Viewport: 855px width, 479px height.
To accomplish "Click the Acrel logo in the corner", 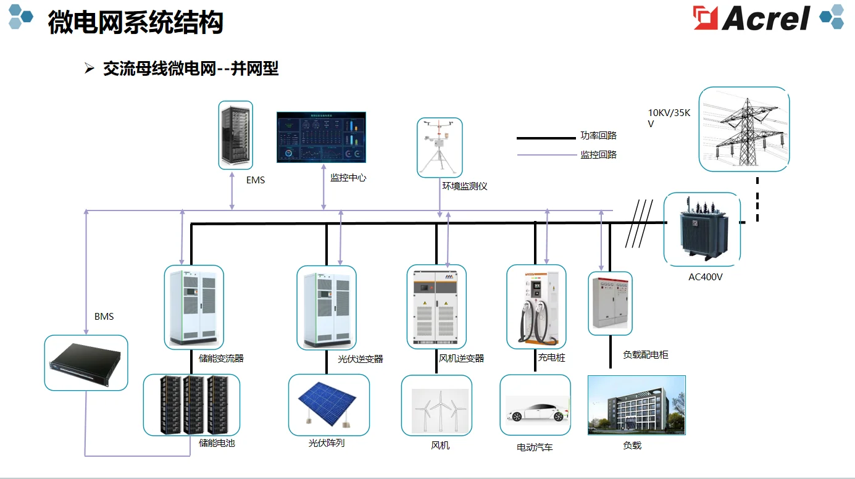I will (x=752, y=18).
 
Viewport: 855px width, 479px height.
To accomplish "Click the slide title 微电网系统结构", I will (x=135, y=22).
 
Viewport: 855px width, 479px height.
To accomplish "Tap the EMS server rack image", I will (x=236, y=135).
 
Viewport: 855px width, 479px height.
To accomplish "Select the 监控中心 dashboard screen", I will (x=321, y=137).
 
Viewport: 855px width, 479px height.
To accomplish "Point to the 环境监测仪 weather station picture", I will (x=440, y=148).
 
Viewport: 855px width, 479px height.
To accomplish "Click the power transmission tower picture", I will (x=744, y=129).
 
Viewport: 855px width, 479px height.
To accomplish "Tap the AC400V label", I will (x=705, y=277).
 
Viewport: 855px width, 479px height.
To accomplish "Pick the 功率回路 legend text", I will (x=598, y=136).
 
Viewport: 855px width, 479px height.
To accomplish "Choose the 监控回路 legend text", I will (x=598, y=155).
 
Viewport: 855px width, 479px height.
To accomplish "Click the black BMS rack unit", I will (x=86, y=363).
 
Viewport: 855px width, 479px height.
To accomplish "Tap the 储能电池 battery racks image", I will (x=191, y=404).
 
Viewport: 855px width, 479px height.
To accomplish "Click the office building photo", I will (x=636, y=405).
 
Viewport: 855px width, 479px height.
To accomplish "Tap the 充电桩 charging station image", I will (x=536, y=307).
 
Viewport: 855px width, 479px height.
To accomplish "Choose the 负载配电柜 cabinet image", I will (x=610, y=304).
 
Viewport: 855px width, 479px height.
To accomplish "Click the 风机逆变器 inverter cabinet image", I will (x=436, y=307).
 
